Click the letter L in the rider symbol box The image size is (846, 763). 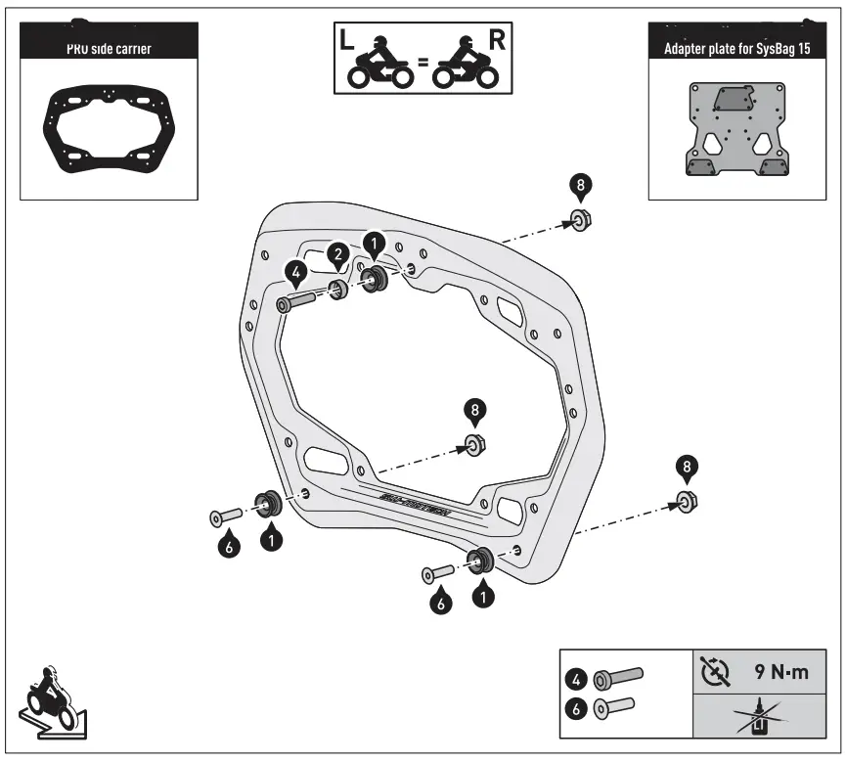click(349, 40)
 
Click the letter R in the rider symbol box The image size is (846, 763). click(496, 40)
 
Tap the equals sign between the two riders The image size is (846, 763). click(423, 62)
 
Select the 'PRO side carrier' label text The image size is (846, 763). click(108, 48)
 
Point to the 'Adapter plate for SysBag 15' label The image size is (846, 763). click(736, 48)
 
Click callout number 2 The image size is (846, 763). click(337, 256)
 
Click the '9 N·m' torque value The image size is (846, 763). click(780, 672)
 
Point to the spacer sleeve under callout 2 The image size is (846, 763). click(338, 290)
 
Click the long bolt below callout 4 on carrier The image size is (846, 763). click(295, 300)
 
